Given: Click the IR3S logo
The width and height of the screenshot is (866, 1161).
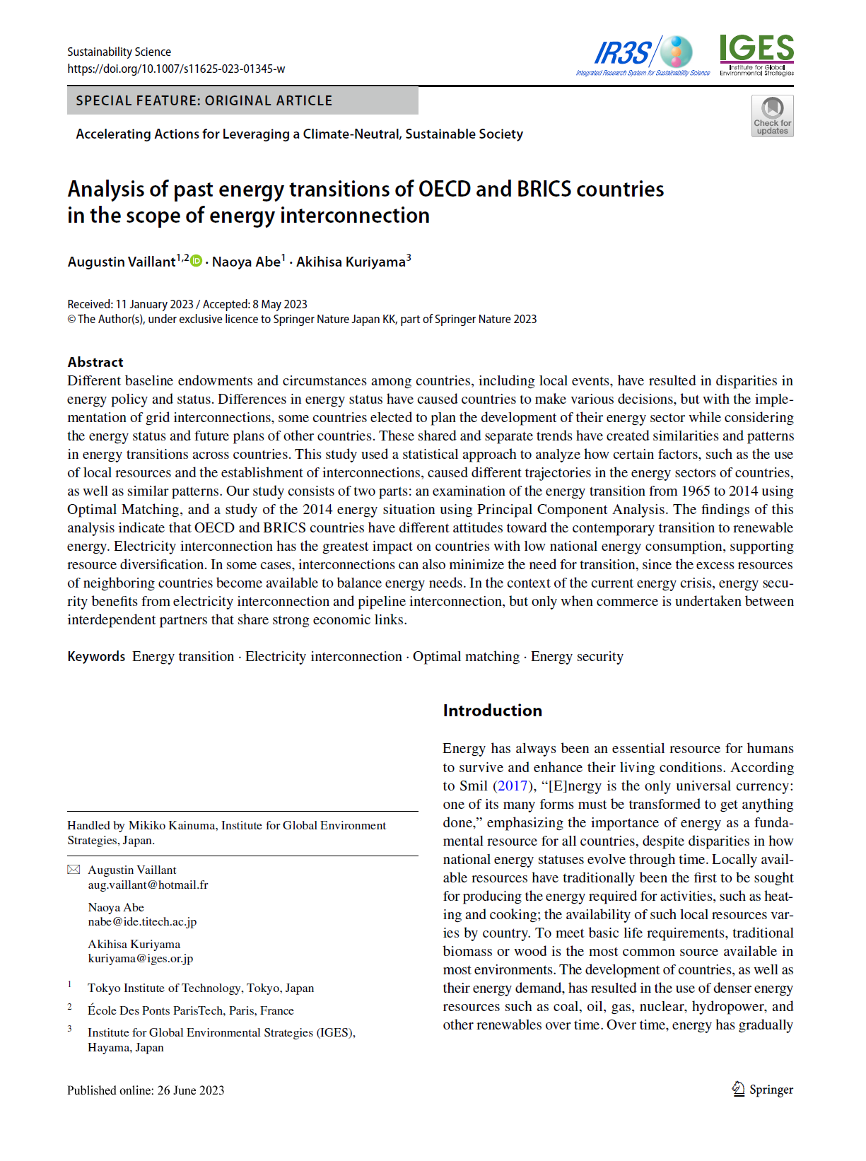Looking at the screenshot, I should click(x=643, y=54).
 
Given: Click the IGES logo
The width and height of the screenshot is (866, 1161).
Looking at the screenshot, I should click(x=756, y=54).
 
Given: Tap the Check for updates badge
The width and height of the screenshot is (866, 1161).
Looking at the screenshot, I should click(x=772, y=116).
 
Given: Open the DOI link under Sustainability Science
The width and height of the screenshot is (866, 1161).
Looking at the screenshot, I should click(x=176, y=69).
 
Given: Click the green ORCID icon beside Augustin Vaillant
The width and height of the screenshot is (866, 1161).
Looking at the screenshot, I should click(x=197, y=261).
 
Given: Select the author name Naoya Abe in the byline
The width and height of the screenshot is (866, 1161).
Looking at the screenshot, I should click(x=246, y=262).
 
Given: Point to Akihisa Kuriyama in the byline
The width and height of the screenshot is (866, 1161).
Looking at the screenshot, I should click(x=351, y=262).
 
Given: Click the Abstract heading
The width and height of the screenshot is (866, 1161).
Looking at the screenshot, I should click(x=95, y=362).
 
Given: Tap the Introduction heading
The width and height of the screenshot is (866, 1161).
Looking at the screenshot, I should click(x=492, y=711).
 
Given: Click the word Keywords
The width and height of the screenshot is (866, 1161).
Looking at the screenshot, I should click(x=96, y=656).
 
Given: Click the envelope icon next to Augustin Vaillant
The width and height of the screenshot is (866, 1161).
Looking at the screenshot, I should click(x=74, y=870).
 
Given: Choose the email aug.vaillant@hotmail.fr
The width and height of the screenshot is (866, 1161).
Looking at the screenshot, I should click(x=148, y=885).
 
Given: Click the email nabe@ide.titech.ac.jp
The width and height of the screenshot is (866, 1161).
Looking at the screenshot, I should click(x=142, y=921).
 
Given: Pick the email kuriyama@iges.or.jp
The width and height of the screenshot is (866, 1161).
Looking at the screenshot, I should click(x=140, y=958).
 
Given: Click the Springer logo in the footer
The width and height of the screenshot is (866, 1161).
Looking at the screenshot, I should click(x=762, y=1089).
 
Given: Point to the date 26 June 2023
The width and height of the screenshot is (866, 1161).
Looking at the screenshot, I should click(x=190, y=1090).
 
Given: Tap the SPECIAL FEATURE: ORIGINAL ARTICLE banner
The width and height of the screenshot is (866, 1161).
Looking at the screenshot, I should click(x=242, y=100).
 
